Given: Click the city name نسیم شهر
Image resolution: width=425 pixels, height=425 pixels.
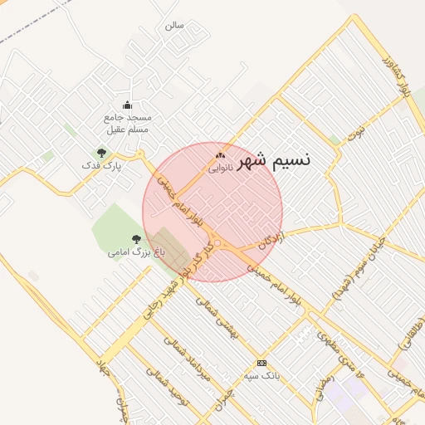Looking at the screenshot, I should click(x=273, y=159).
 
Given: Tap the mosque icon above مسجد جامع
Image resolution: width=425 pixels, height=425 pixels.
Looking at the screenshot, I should click(x=127, y=105).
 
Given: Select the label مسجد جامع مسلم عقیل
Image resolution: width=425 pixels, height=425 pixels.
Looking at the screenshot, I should click(x=127, y=123).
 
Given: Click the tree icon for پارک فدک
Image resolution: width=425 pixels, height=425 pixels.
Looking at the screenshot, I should click(x=101, y=153).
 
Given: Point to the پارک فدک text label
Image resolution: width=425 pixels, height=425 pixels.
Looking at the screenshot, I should click(x=101, y=166).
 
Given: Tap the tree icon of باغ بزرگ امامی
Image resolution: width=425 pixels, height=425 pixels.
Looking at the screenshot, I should click(x=136, y=239).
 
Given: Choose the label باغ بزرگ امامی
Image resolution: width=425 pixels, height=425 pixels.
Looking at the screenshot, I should click(x=136, y=252).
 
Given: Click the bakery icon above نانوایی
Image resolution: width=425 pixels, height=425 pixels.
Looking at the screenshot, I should click(x=220, y=155).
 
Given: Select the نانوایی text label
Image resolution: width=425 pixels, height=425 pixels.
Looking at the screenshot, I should click(x=220, y=168).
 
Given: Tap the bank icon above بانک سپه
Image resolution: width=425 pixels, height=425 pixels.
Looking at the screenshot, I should click(x=262, y=364).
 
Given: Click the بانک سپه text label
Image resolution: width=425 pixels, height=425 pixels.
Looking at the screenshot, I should click(x=262, y=376).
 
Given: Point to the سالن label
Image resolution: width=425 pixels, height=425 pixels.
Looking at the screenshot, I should click(x=173, y=25).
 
